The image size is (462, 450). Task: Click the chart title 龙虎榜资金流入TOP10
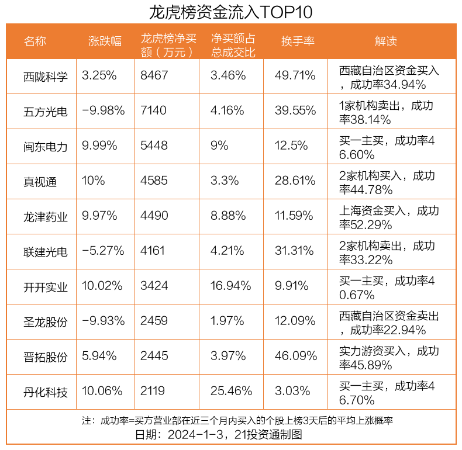tap(231, 12)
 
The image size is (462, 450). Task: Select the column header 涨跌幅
tap(105, 41)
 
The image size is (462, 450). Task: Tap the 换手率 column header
tap(298, 41)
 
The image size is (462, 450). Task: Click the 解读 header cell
tap(386, 41)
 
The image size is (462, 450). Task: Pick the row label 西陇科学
tap(46, 76)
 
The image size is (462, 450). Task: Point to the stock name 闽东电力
tap(46, 146)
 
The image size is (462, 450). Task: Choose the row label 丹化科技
tap(46, 392)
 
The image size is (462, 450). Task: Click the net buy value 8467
tap(154, 76)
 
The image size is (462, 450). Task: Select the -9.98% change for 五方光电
tap(104, 111)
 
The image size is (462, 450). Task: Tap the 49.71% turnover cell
tap(295, 76)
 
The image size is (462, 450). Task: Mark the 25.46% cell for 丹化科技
tap(232, 392)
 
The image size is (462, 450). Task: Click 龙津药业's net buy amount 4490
tap(154, 216)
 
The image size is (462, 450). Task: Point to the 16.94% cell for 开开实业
tap(231, 286)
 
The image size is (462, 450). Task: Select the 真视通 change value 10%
tap(94, 181)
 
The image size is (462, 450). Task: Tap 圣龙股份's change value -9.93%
tap(104, 321)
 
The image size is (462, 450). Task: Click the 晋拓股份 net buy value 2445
tap(154, 356)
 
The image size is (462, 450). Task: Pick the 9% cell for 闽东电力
tap(219, 146)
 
